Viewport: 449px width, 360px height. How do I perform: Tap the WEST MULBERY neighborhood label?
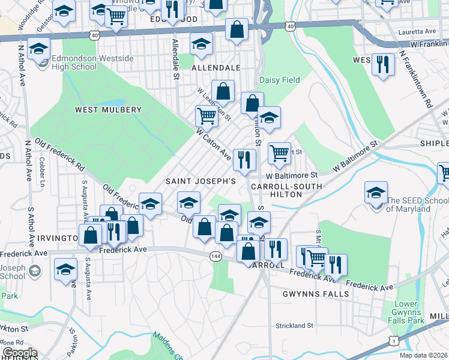tap(108, 110)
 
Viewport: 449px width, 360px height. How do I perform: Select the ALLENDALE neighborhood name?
tap(215, 68)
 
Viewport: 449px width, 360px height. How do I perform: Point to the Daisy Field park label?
tap(279, 80)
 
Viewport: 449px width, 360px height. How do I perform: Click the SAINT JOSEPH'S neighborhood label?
tap(201, 181)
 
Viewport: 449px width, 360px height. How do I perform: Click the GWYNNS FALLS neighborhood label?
tap(316, 294)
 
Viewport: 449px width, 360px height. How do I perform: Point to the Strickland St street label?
tap(294, 325)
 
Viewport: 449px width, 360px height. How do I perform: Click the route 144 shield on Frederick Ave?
tap(215, 256)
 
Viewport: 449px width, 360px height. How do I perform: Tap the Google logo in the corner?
tap(20, 353)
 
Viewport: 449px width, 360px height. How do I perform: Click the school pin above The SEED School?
tap(376, 193)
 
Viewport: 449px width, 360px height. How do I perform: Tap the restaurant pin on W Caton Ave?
tap(244, 159)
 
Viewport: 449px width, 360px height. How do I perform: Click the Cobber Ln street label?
tap(43, 169)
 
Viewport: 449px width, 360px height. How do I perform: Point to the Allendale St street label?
tap(175, 59)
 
